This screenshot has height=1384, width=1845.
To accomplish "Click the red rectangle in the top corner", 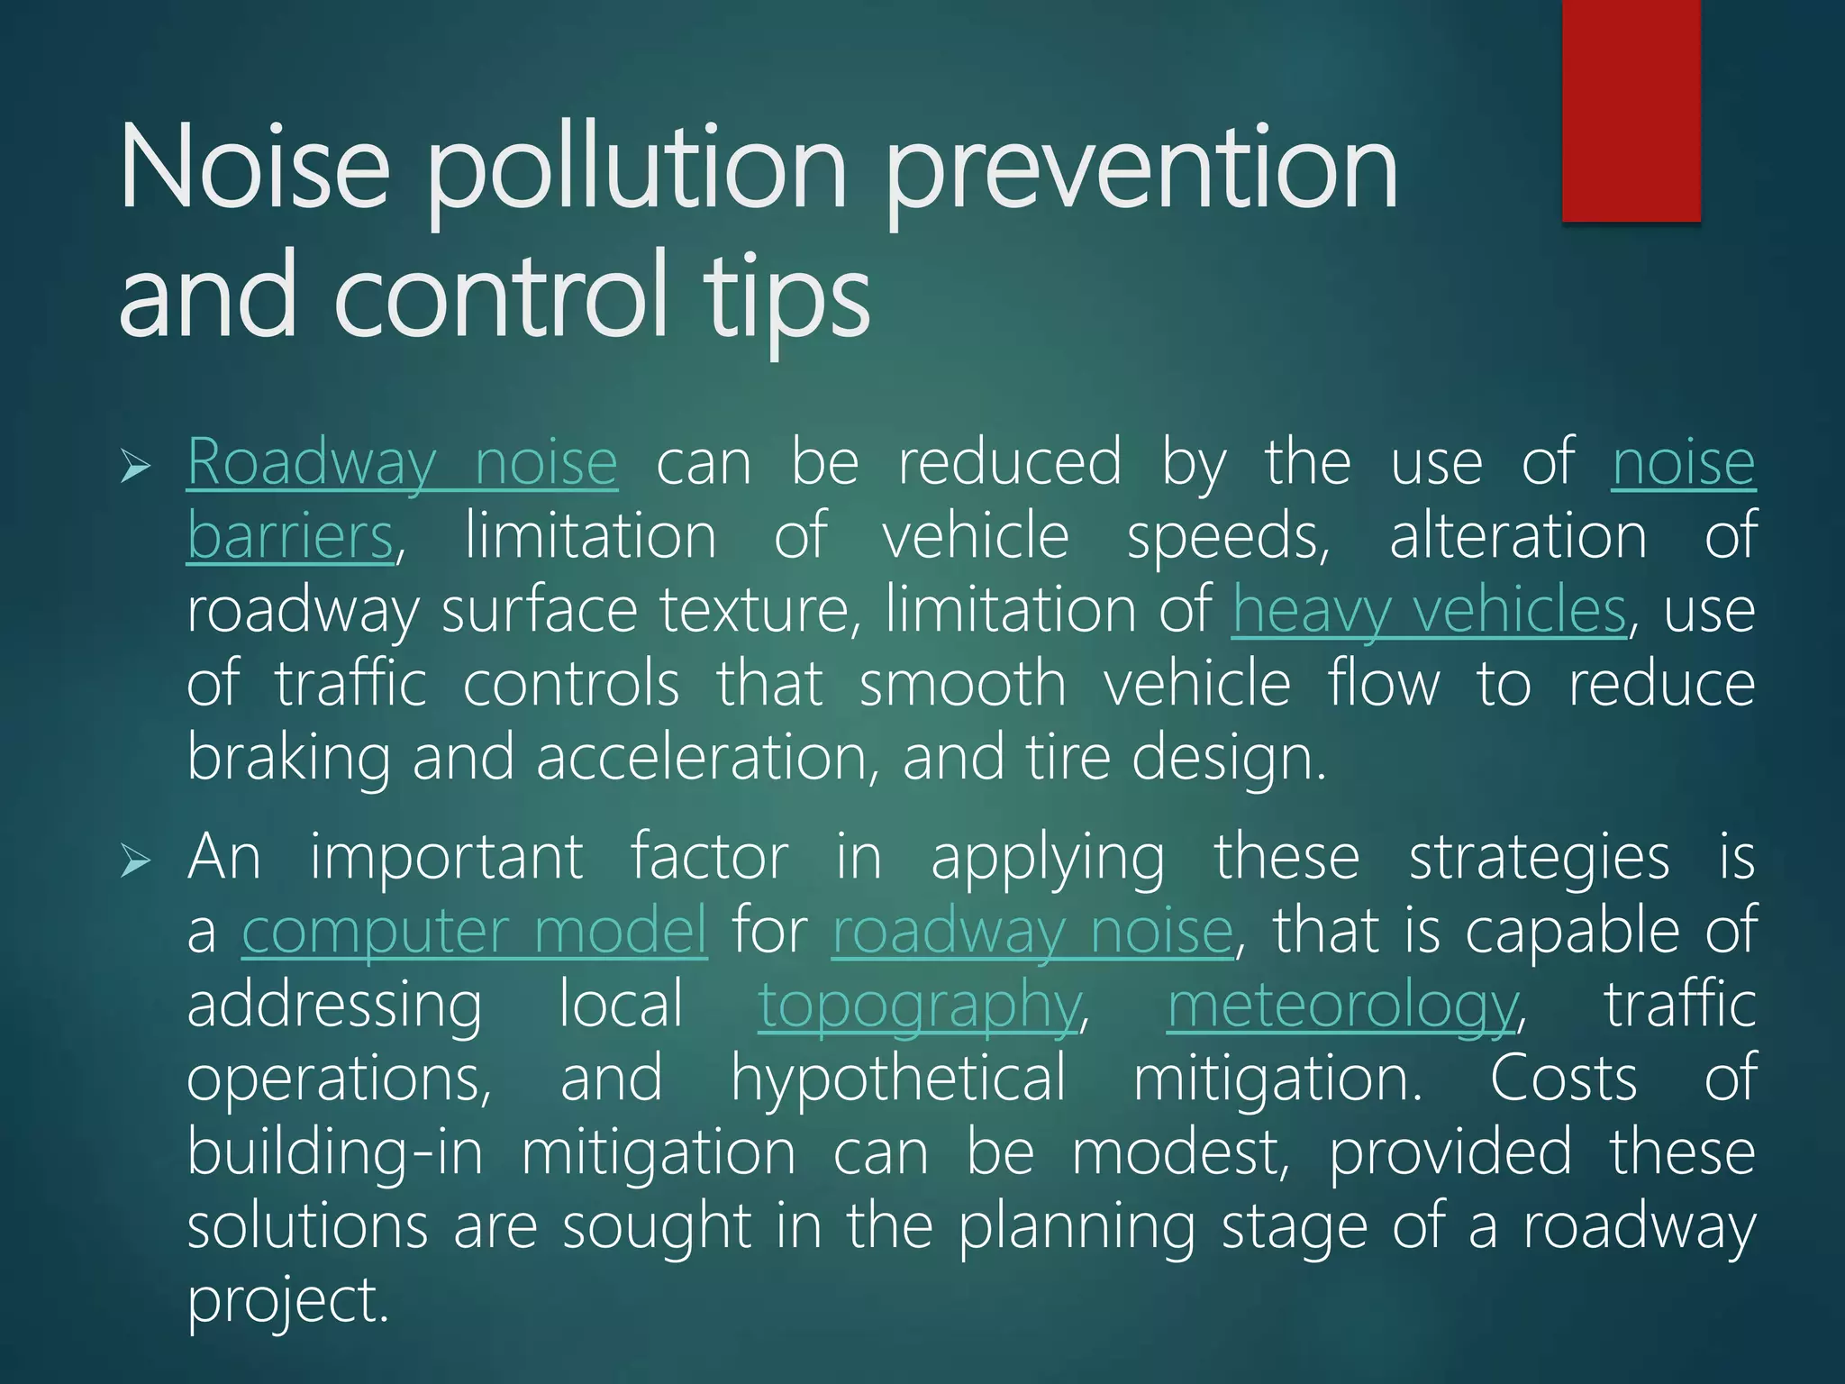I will tap(1631, 110).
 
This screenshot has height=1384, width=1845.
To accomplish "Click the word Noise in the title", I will tap(255, 168).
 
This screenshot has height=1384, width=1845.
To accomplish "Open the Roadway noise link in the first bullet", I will tap(402, 463).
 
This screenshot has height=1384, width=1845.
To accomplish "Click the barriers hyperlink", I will tap(290, 537).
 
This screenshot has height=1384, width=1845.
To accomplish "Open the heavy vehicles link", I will tap(1429, 611).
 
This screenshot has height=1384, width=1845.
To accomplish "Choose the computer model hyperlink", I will tap(475, 932).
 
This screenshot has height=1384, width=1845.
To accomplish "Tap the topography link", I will tap(919, 1006).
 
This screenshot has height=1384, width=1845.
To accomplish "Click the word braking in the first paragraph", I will tap(288, 759).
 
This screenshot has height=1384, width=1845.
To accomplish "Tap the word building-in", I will tap(335, 1153).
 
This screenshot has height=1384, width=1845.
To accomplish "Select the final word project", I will tap(287, 1301).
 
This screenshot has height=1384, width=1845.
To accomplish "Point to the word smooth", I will tap(963, 685).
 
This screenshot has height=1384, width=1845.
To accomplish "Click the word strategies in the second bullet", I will tap(1539, 858).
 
